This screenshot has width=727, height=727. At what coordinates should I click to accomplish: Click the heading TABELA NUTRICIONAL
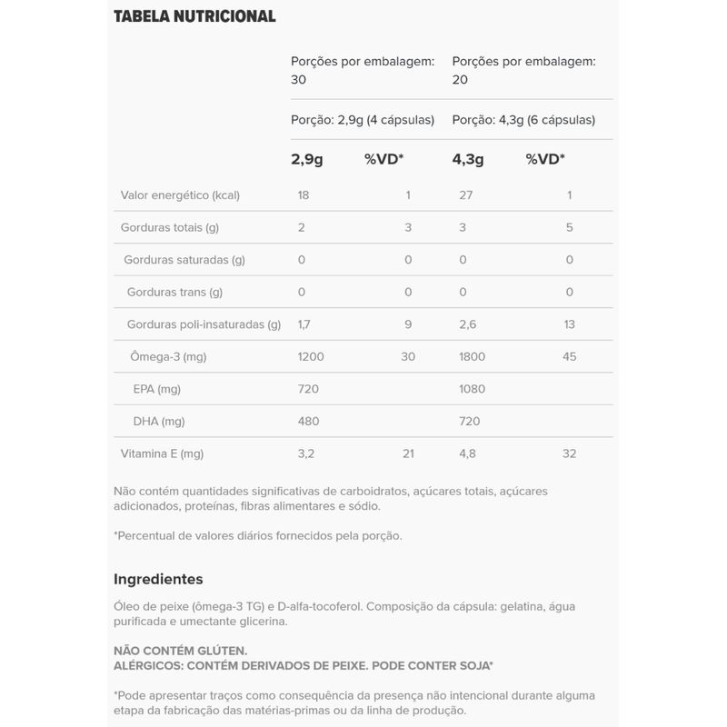click(194, 16)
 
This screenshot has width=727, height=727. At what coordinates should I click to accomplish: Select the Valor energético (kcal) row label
click(180, 195)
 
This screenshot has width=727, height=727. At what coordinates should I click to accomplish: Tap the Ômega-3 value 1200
click(311, 357)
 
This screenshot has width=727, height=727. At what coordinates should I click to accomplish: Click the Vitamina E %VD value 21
click(408, 453)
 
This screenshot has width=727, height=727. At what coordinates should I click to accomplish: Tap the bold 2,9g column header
click(307, 159)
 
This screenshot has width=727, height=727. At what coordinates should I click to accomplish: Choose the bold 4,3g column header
click(468, 159)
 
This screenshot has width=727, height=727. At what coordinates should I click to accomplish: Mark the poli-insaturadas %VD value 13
click(570, 324)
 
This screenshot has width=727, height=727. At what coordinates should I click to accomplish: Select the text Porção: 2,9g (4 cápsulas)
click(363, 120)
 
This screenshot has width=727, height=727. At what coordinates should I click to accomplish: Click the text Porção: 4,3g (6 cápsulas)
click(523, 120)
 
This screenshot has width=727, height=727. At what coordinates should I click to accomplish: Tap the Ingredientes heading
click(158, 579)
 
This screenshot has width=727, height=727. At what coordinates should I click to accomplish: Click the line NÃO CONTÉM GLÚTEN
click(180, 652)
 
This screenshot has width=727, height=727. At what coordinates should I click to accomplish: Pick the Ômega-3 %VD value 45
click(570, 357)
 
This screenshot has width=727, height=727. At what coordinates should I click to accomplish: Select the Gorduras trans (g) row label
click(174, 293)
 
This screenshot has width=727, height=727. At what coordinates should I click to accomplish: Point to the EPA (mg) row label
click(157, 389)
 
